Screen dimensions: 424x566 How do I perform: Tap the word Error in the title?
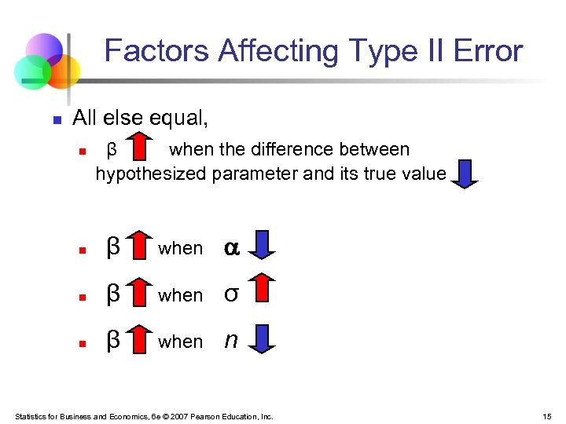click(487, 52)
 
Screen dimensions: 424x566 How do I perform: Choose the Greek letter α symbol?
click(232, 248)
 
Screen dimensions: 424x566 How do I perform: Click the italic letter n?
click(231, 340)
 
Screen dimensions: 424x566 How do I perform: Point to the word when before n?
click(181, 342)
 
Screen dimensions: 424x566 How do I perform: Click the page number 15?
click(546, 416)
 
